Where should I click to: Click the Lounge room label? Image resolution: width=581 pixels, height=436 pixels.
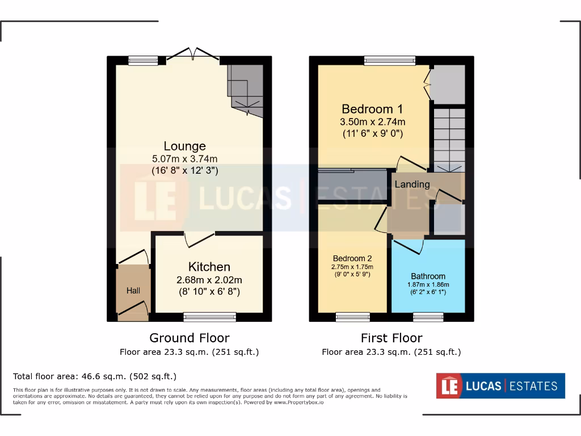click(x=184, y=146)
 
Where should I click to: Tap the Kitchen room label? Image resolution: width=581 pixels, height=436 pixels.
click(x=209, y=267)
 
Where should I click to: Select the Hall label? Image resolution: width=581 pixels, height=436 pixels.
click(x=133, y=291)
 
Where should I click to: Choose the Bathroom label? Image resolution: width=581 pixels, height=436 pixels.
click(x=428, y=276)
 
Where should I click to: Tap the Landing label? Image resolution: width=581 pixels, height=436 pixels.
click(x=412, y=184)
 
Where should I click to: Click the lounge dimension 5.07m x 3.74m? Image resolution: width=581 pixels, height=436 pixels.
click(x=184, y=158)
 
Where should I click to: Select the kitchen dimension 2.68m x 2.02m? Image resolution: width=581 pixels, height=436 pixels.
click(x=209, y=280)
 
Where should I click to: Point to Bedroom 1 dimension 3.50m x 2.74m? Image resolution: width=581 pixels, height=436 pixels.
click(x=372, y=122)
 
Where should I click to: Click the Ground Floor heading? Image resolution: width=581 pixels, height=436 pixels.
click(x=190, y=338)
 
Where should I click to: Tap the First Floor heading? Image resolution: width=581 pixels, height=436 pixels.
click(x=391, y=338)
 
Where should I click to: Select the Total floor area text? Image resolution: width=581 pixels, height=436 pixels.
click(x=95, y=376)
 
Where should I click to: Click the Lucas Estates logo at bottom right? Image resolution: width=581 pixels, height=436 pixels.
click(x=500, y=386)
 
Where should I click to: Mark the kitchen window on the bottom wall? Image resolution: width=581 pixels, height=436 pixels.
click(x=210, y=317)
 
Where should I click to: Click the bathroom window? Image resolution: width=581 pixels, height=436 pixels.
click(x=428, y=317)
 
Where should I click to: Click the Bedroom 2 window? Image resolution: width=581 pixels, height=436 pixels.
click(x=352, y=317)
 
